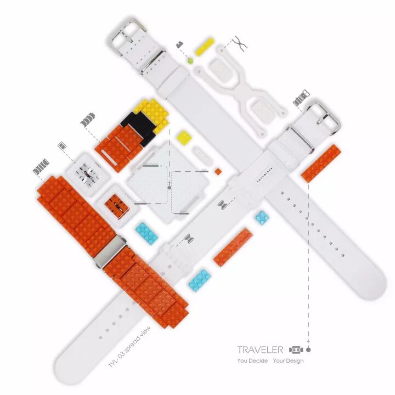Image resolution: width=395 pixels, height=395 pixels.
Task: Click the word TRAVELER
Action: [x=260, y=349]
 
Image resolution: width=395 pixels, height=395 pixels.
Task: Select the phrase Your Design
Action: [x=289, y=360]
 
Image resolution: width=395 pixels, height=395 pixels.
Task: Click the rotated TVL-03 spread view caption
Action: [x=130, y=348]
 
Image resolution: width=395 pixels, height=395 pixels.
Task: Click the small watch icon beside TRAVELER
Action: [x=296, y=349]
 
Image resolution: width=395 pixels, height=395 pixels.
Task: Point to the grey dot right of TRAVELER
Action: [x=308, y=349]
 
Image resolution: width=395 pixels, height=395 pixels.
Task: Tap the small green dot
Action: [x=190, y=60]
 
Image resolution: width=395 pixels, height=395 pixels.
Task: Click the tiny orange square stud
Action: [x=218, y=172]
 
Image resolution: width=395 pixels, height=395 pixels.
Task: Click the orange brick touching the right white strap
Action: [x=321, y=163]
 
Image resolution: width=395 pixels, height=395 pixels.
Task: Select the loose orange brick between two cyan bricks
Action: [x=233, y=247]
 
